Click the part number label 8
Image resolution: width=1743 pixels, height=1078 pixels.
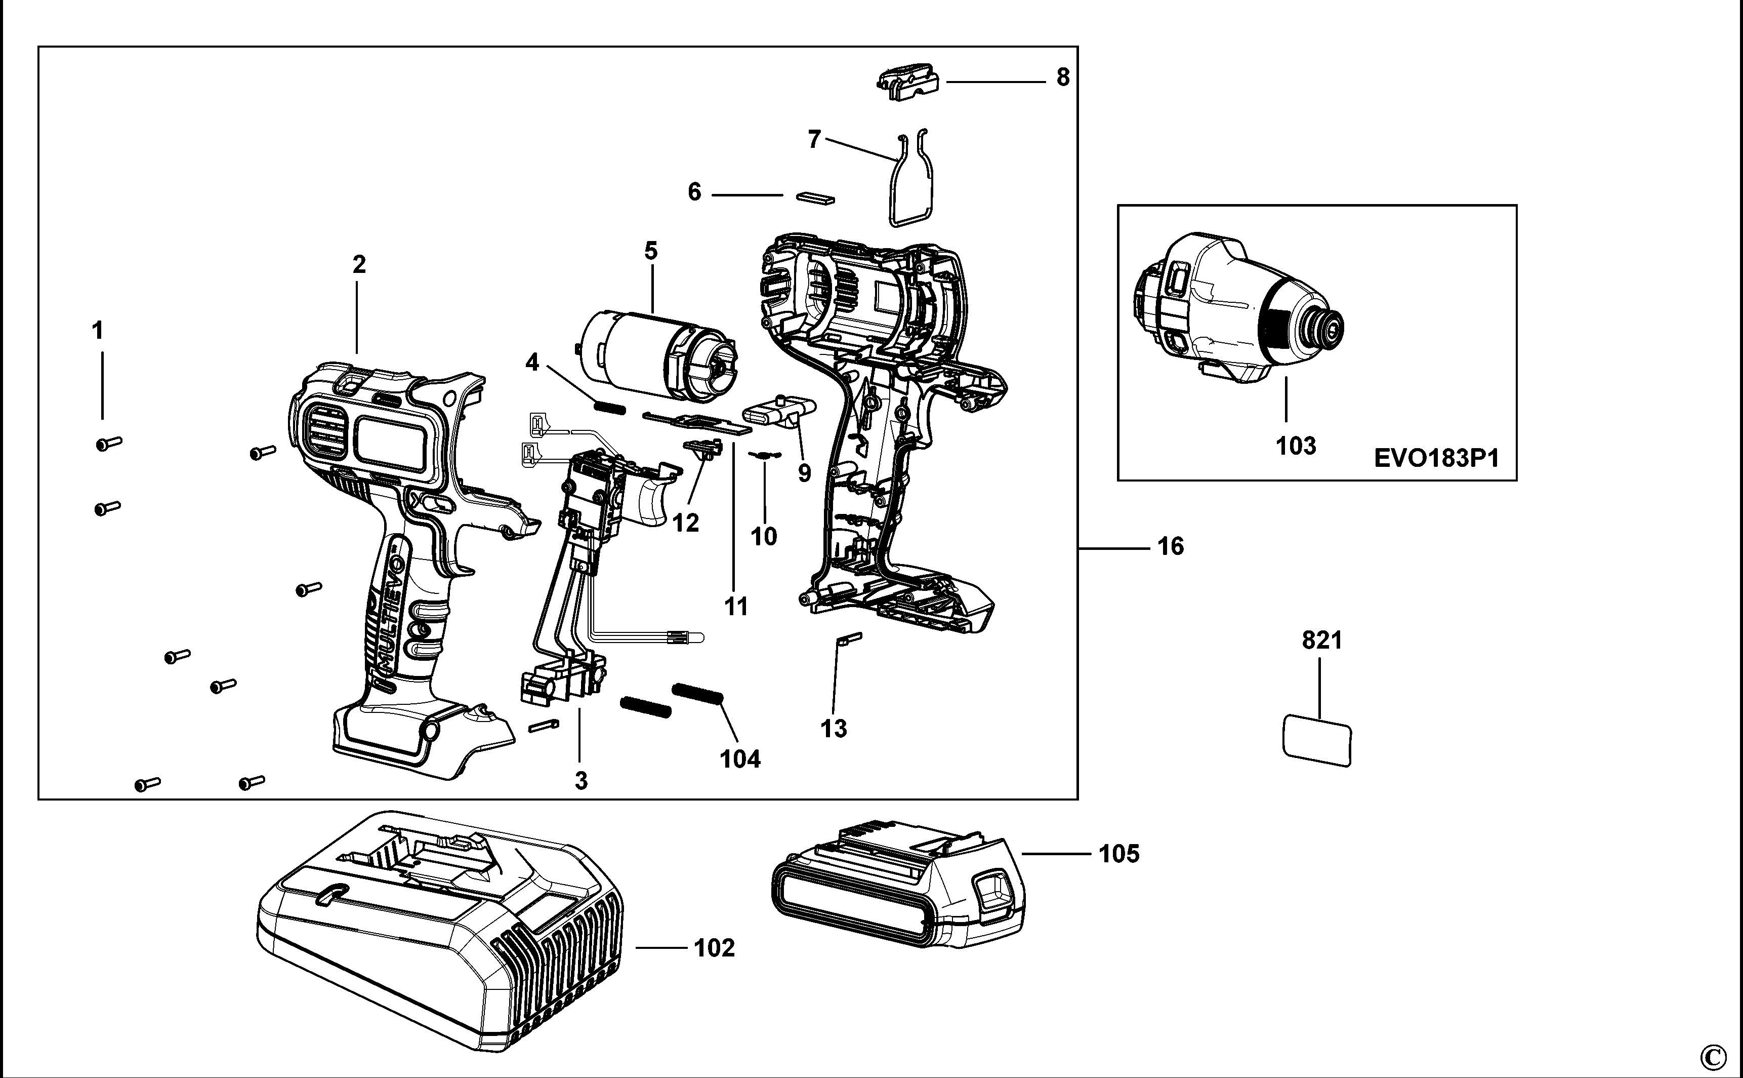click(1062, 77)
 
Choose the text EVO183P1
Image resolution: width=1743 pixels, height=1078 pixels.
click(1436, 458)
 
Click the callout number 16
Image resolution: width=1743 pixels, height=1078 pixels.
click(1170, 547)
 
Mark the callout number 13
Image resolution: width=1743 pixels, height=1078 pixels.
click(834, 729)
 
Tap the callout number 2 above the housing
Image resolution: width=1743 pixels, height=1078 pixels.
click(359, 264)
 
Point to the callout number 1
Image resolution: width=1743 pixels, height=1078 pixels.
click(98, 331)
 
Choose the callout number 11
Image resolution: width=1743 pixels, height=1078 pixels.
click(736, 607)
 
